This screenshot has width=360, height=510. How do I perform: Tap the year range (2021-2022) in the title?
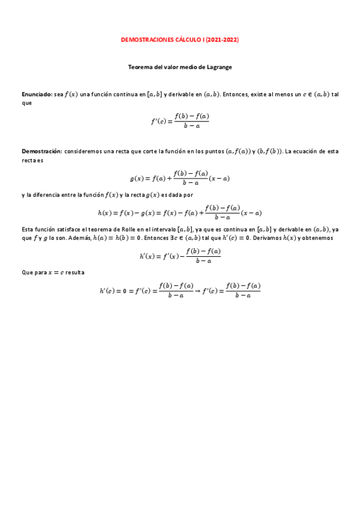pos(222,40)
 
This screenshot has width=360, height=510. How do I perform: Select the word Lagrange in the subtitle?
pos(218,67)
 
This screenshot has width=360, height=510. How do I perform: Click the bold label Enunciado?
pos(36,94)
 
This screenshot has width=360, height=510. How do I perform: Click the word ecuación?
pos(302,151)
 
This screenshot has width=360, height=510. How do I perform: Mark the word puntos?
pos(209,151)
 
